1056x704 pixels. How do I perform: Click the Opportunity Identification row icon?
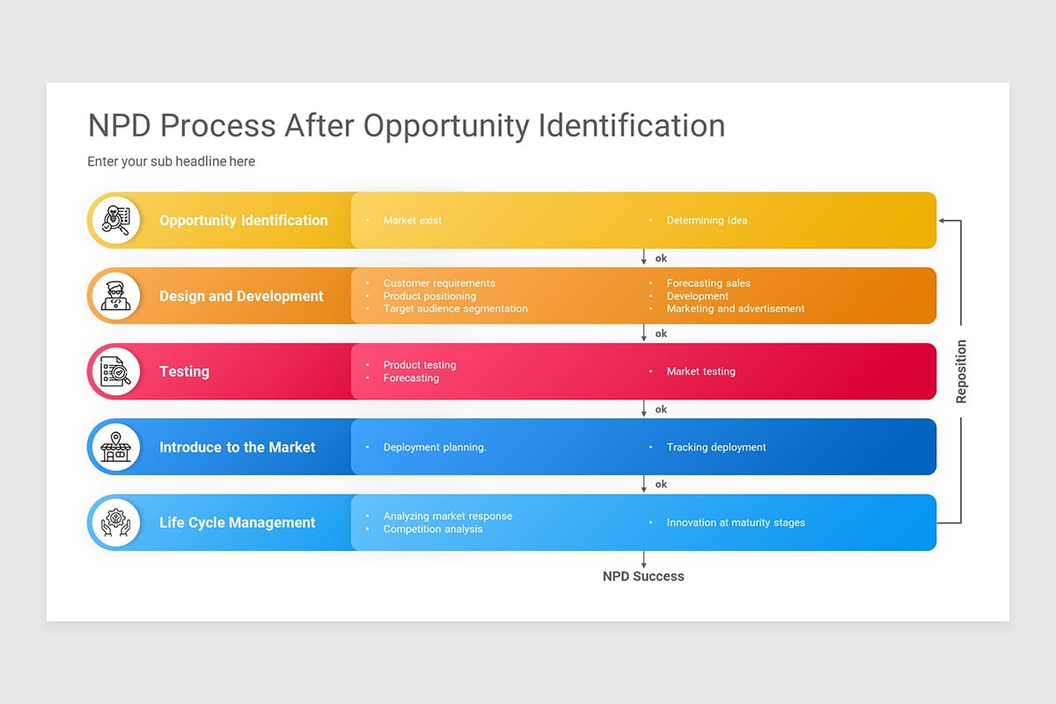click(x=115, y=220)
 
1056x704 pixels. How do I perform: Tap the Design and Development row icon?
click(x=115, y=296)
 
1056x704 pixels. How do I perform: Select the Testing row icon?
click(x=115, y=371)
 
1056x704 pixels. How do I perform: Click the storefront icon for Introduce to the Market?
click(x=115, y=447)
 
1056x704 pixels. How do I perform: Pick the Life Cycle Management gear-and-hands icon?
click(x=115, y=523)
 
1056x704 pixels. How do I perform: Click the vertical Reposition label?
click(x=961, y=371)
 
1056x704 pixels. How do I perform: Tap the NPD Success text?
click(x=643, y=576)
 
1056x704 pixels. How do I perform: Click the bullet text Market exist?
click(x=413, y=220)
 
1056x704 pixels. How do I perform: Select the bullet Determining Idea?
click(x=707, y=220)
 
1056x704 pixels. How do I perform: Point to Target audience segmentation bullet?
click(x=455, y=309)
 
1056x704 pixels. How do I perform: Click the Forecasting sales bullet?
click(x=708, y=283)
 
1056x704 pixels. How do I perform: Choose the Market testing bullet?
click(x=700, y=371)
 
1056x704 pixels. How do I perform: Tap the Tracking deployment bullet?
click(x=715, y=447)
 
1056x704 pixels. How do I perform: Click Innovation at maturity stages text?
click(x=736, y=523)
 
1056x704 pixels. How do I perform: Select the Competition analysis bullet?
click(x=433, y=529)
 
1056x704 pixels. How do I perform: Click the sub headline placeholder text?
click(x=171, y=162)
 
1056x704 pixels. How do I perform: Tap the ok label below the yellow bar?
click(x=661, y=258)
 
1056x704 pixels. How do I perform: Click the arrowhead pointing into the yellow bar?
click(x=942, y=220)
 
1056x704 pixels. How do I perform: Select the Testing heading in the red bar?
click(x=184, y=371)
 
